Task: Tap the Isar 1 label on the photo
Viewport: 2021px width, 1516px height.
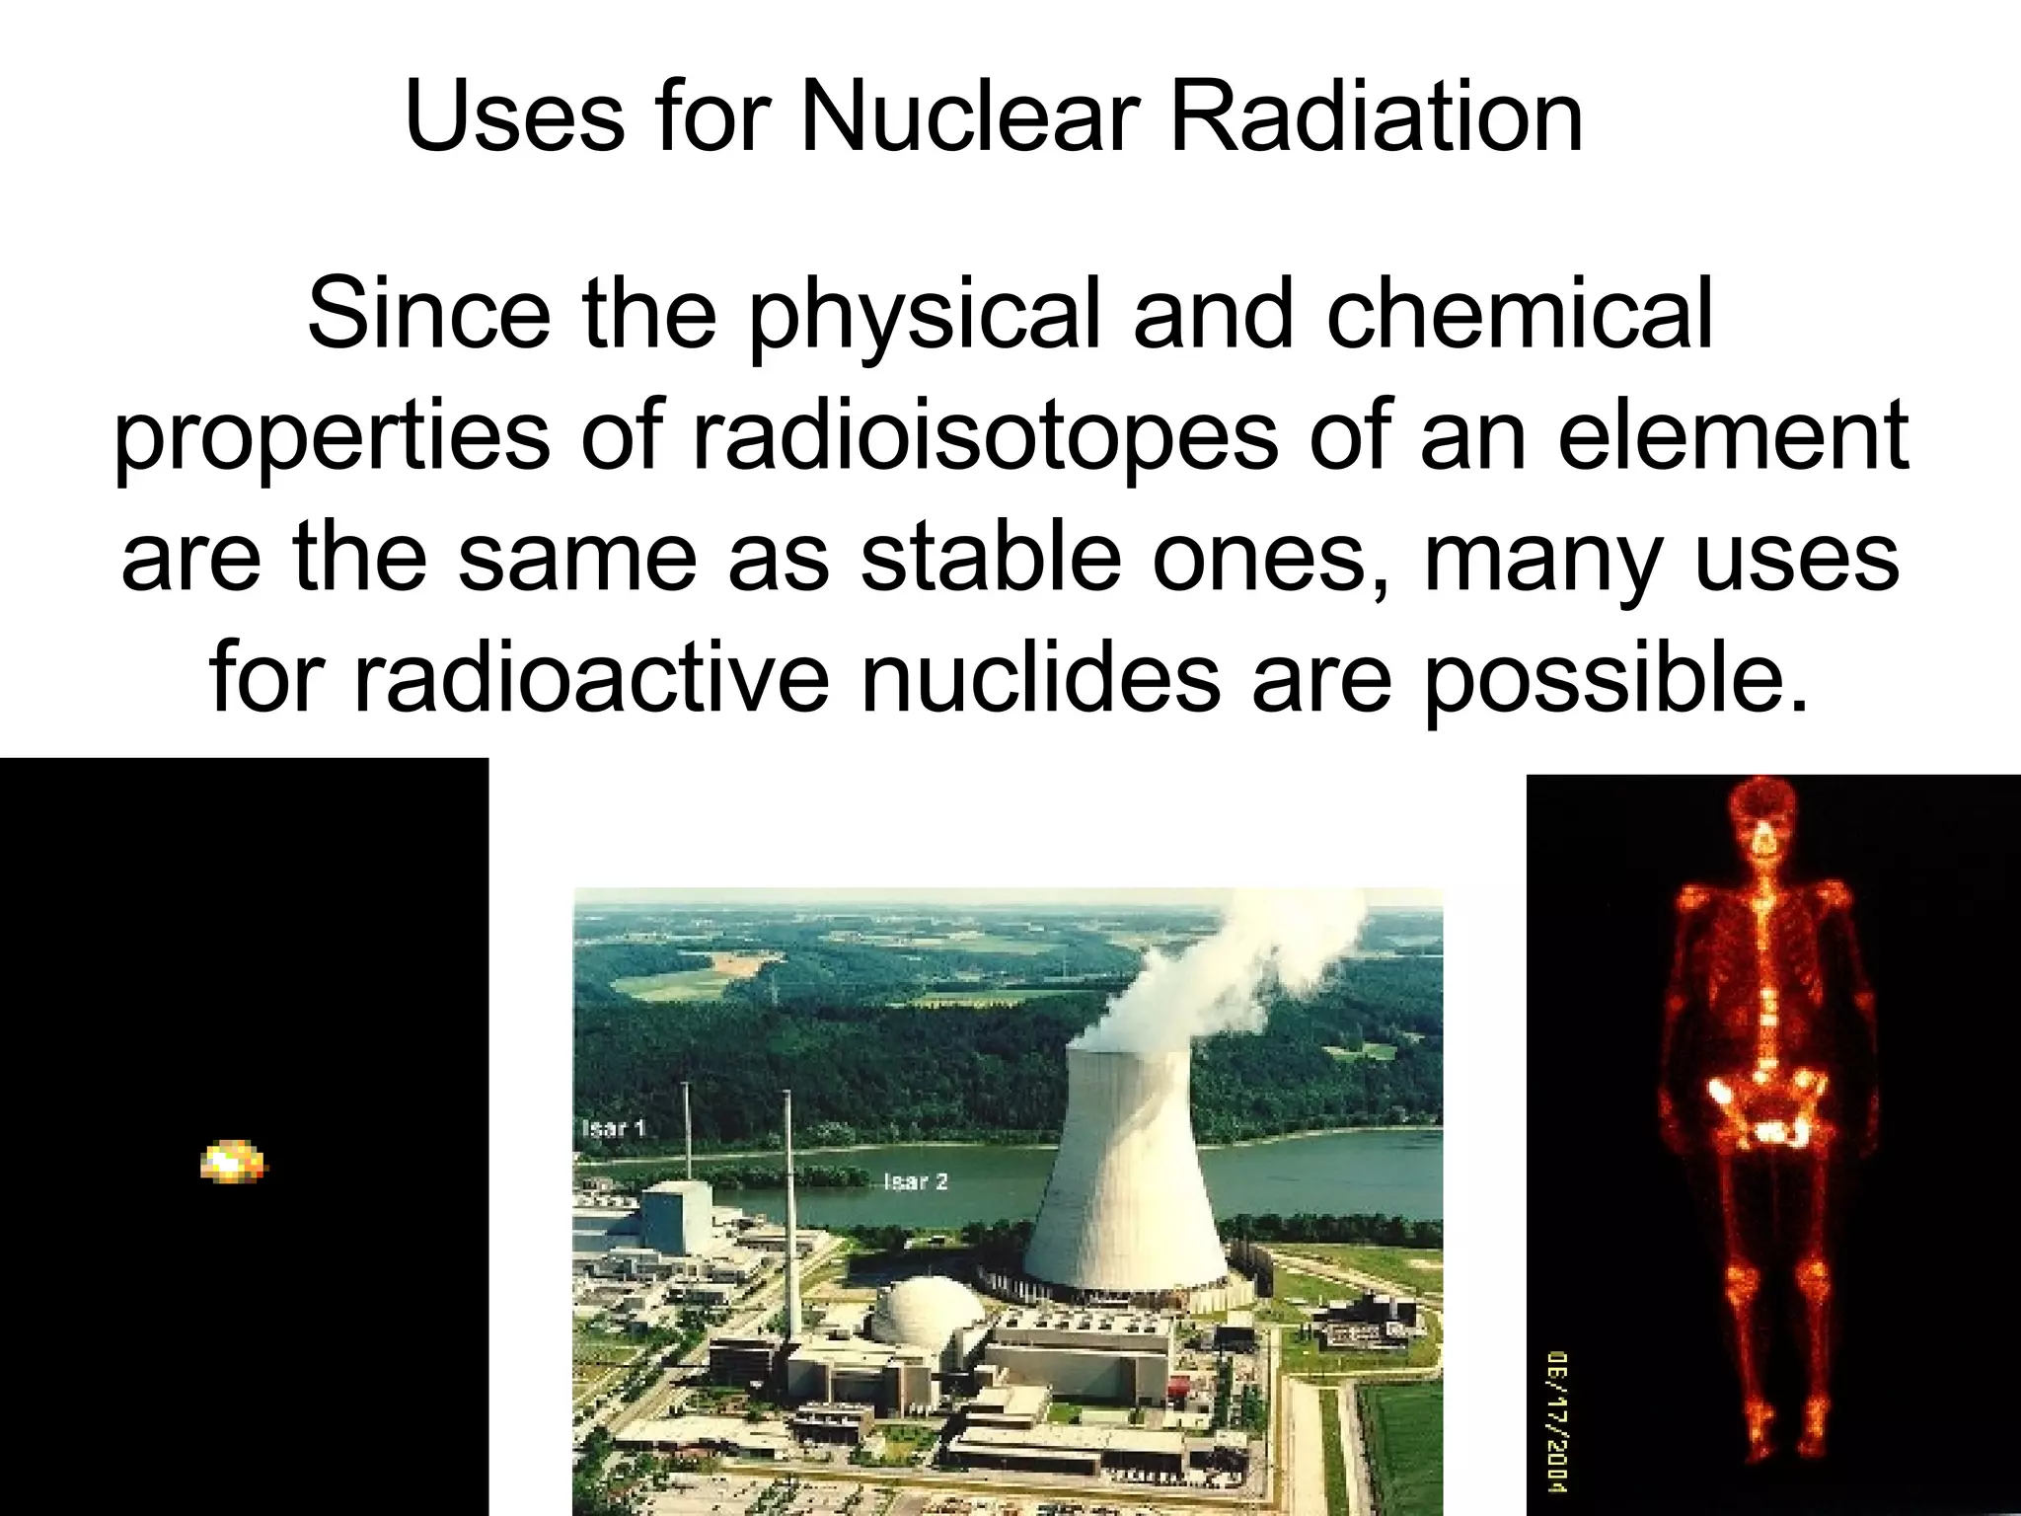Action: point(614,1128)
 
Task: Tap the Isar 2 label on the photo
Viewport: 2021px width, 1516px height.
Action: point(916,1181)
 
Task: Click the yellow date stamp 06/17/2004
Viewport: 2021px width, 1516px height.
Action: point(1558,1420)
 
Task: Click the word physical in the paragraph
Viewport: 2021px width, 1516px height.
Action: point(923,316)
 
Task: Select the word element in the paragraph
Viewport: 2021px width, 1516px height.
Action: point(1732,436)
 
